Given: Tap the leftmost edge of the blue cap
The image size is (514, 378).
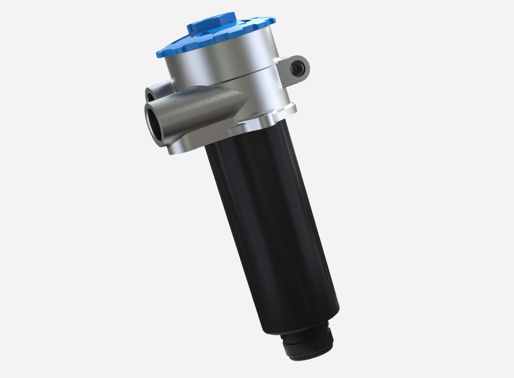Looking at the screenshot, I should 156,53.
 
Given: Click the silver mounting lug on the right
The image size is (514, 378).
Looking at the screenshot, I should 296,68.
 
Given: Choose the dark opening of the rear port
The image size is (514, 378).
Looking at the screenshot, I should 149,96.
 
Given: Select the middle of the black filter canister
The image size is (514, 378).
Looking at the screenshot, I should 273,224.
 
